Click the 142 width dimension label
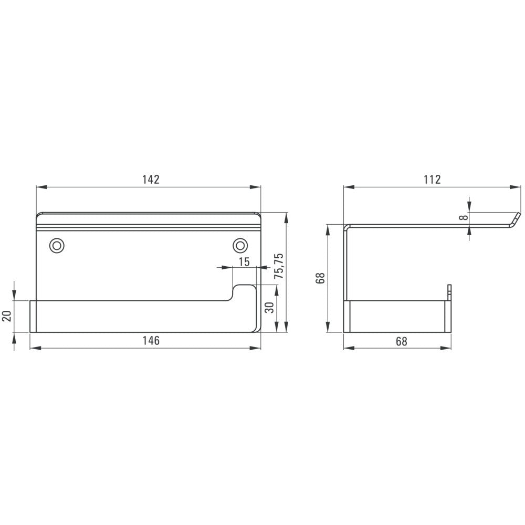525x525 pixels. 151,180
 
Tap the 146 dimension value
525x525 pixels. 151,341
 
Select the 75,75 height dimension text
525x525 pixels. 279,266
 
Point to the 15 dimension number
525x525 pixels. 245,261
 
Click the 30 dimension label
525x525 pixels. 269,307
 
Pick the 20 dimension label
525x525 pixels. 7,316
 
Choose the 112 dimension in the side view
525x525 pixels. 432,180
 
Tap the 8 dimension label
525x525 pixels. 464,218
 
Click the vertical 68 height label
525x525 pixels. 320,278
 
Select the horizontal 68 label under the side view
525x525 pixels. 402,341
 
